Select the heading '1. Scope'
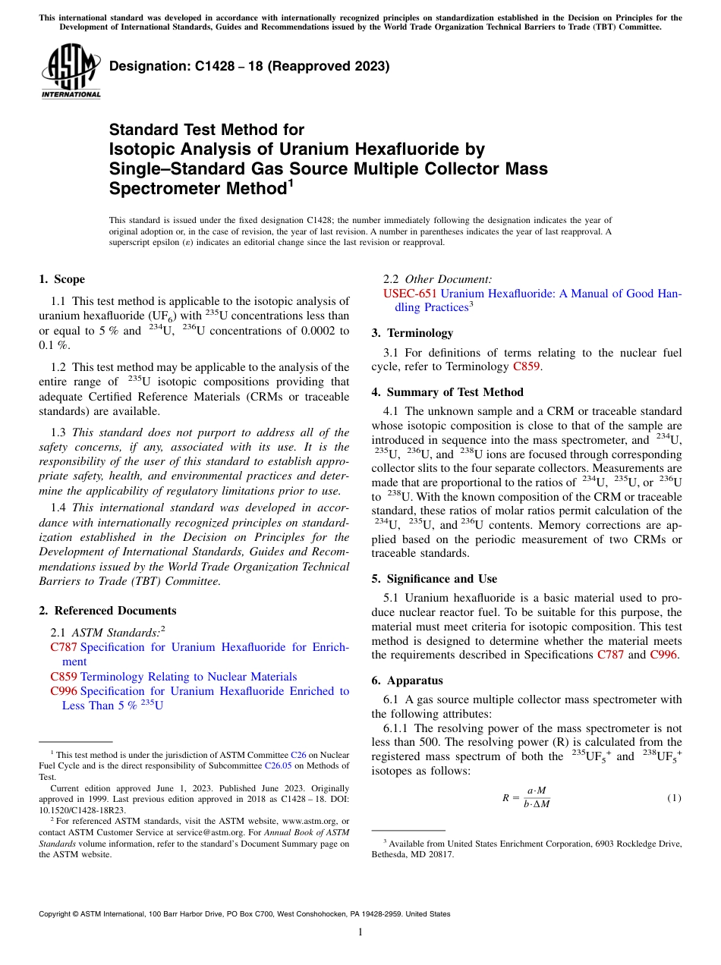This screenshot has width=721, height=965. (x=61, y=279)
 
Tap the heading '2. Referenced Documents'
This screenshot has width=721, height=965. (x=107, y=611)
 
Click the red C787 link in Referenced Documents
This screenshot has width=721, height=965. (x=64, y=647)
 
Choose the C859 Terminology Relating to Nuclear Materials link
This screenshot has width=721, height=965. (x=173, y=677)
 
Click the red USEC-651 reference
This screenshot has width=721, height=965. (x=410, y=294)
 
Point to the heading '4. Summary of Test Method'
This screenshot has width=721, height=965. (x=447, y=392)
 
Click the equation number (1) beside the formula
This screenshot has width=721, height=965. (x=674, y=797)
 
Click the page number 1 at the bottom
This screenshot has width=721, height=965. (x=360, y=932)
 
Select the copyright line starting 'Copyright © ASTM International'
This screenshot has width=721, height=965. (x=244, y=914)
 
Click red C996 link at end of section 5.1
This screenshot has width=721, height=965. (x=666, y=655)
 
